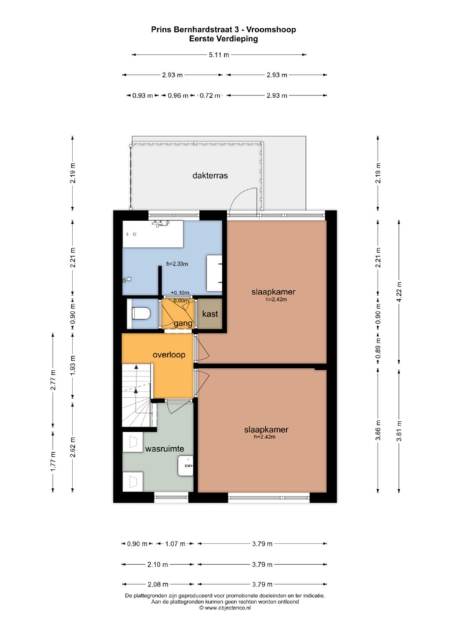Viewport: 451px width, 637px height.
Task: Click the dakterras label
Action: [x=210, y=176]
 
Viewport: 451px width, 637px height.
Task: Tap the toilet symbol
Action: [x=141, y=314]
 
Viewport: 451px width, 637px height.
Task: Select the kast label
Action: [x=210, y=314]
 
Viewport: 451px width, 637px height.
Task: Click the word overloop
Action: [x=169, y=354]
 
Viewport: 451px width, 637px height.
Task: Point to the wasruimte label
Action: [x=164, y=449]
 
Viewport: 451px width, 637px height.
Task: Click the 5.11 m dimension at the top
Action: [x=219, y=54]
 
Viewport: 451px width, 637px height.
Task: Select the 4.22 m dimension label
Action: [x=399, y=292]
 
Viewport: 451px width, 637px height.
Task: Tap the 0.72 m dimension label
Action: [x=210, y=96]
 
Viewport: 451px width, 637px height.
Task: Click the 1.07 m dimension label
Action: [x=175, y=544]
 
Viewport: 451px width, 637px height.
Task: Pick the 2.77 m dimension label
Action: [x=53, y=380]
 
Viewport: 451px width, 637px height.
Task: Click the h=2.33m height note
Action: [x=177, y=263]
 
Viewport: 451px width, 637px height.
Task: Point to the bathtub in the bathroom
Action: [x=152, y=234]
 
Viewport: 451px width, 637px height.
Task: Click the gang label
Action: [x=183, y=324]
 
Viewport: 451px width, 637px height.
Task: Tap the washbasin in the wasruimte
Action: [x=185, y=466]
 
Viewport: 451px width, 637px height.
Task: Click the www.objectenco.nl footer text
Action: [x=225, y=608]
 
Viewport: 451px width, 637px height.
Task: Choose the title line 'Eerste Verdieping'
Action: [x=224, y=39]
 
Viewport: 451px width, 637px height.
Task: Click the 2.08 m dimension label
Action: [x=158, y=584]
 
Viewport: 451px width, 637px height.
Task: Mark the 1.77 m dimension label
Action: [x=53, y=461]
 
